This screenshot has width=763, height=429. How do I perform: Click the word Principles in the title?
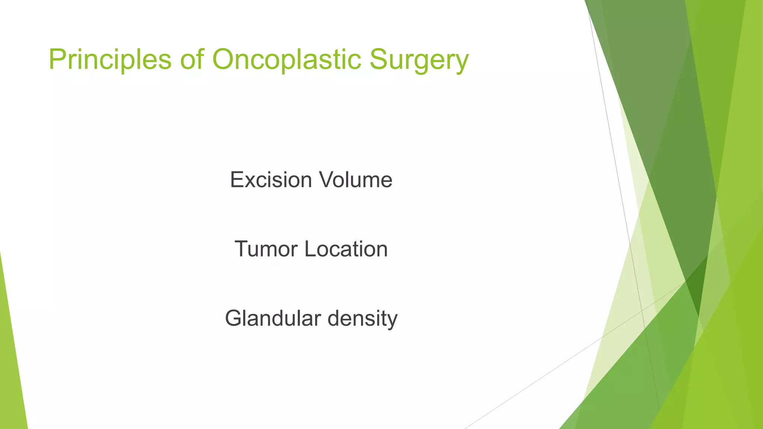(x=110, y=60)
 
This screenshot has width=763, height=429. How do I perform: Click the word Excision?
(x=271, y=180)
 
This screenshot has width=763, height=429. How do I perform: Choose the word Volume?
(x=355, y=180)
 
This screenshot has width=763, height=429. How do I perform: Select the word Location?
(x=346, y=249)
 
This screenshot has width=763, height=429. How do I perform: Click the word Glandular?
(x=273, y=318)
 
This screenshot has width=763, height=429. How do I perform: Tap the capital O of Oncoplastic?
(x=225, y=59)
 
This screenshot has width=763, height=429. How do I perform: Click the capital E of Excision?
(x=237, y=180)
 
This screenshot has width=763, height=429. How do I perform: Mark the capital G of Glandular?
(x=235, y=318)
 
